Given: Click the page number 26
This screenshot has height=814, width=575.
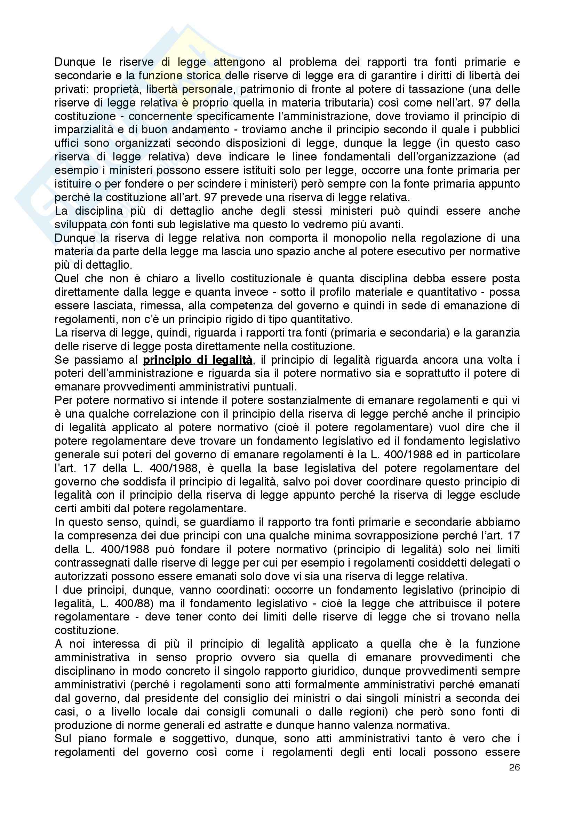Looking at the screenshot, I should point(514,768).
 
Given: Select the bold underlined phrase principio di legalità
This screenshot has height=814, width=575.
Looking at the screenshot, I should point(197,360).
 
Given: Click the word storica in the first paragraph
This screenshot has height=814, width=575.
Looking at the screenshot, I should point(203,76).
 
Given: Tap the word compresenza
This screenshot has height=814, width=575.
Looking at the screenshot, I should point(102,536).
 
